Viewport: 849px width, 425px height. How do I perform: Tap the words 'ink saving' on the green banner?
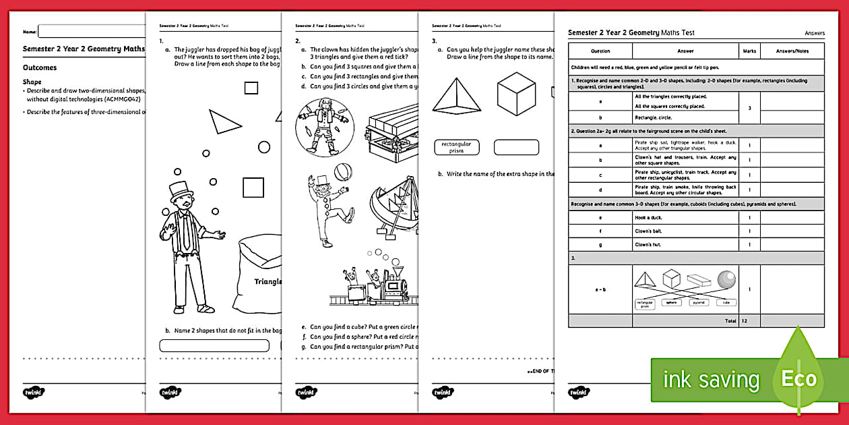tap(711, 380)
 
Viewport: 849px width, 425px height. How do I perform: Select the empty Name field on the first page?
tap(91, 31)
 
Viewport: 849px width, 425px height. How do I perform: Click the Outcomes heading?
tap(40, 68)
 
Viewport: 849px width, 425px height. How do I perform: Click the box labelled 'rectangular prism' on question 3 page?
tap(456, 147)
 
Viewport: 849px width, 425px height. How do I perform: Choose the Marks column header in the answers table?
tap(749, 51)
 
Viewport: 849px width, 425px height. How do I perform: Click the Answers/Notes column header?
tap(792, 51)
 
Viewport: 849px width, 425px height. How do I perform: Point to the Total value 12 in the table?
tap(745, 321)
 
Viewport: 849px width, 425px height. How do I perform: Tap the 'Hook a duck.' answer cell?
tap(686, 218)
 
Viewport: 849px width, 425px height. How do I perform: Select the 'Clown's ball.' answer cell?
tap(686, 231)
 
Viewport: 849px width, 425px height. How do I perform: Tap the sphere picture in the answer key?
tap(726, 279)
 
